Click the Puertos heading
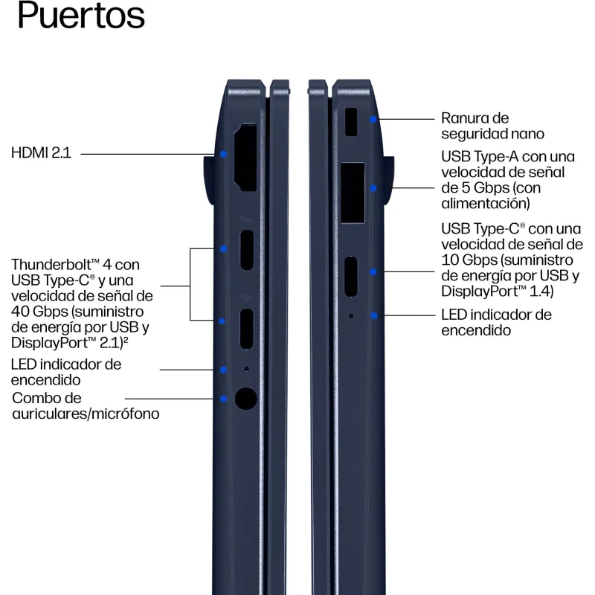pyautogui.click(x=81, y=15)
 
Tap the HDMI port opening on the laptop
pyautogui.click(x=246, y=158)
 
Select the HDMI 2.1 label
pyautogui.click(x=41, y=153)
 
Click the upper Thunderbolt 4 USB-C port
pyautogui.click(x=247, y=250)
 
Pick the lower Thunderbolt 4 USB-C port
pyautogui.click(x=247, y=329)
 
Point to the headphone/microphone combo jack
pyautogui.click(x=246, y=399)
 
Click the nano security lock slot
pyautogui.click(x=351, y=122)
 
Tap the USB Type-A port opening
pyautogui.click(x=353, y=193)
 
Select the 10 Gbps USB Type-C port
pyautogui.click(x=351, y=277)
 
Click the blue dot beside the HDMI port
pyautogui.click(x=224, y=154)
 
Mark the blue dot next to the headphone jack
pyautogui.click(x=224, y=399)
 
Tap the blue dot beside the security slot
pyautogui.click(x=373, y=120)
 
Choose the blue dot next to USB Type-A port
pyautogui.click(x=373, y=188)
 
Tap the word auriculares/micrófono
pyautogui.click(x=86, y=414)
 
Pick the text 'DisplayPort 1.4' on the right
pyautogui.click(x=497, y=292)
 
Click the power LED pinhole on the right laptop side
pyautogui.click(x=351, y=315)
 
